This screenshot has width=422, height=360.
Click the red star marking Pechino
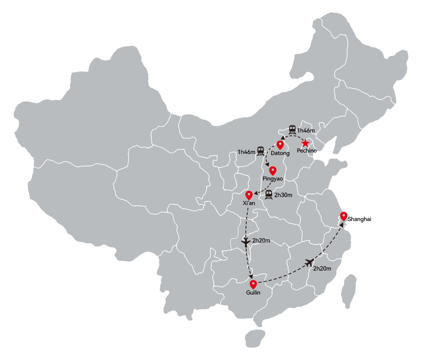[305, 143]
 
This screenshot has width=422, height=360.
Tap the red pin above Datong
[280, 144]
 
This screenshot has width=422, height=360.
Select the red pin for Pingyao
[273, 170]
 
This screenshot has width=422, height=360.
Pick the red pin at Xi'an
[249, 195]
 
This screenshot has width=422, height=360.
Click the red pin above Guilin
[253, 284]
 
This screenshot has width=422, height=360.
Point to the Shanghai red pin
[344, 216]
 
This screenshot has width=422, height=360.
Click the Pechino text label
[307, 150]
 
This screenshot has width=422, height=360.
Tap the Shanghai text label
[359, 219]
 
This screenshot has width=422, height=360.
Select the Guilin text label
[253, 292]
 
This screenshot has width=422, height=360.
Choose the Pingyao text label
[273, 178]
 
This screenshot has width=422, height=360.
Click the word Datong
[280, 153]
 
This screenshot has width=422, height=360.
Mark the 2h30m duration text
[283, 195]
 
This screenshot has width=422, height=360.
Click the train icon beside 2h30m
[269, 194]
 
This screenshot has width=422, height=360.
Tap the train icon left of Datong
[261, 151]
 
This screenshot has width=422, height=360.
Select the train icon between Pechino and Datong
[292, 129]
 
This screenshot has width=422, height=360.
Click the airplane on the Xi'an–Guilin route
[246, 241]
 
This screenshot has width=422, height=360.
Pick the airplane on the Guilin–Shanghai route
[310, 262]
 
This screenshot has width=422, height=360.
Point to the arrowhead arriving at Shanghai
[341, 224]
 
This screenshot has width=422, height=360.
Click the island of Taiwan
[349, 291]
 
